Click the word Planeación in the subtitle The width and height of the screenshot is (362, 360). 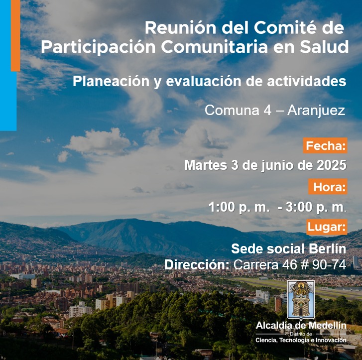click(x=111, y=81)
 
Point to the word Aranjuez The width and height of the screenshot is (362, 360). click(x=316, y=111)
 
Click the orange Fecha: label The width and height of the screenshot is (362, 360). click(x=325, y=146)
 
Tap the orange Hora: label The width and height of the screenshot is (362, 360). click(x=328, y=187)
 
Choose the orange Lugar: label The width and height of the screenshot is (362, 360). click(x=327, y=227)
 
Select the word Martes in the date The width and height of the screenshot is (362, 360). click(x=206, y=165)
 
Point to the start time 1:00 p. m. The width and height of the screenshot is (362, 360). click(x=239, y=207)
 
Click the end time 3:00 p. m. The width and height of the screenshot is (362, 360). click(x=316, y=207)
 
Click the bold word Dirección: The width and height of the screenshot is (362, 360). click(x=197, y=264)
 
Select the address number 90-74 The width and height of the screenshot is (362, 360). click(x=329, y=265)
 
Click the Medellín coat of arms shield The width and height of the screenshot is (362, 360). click(x=301, y=300)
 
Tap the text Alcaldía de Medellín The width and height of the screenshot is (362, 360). click(x=301, y=326)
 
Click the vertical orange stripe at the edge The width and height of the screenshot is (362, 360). click(x=15, y=35)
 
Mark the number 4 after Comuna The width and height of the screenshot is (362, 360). click(x=267, y=111)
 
